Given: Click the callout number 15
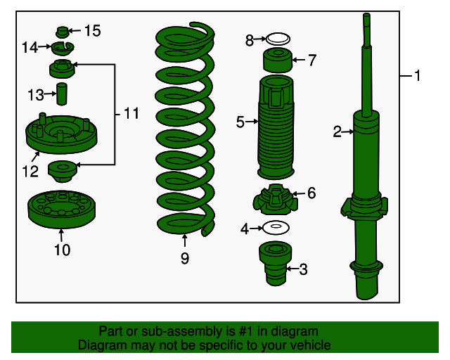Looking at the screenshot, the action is [92, 31].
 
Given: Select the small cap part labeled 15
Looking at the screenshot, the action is [63, 32].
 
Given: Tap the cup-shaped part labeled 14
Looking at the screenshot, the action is [63, 49].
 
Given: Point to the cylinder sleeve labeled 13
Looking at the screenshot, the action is [62, 94].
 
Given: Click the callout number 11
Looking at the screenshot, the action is [131, 113].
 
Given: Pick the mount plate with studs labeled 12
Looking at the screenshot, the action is [61, 134].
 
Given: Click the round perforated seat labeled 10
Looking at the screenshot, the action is [62, 210].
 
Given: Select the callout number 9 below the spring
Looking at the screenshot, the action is [185, 258].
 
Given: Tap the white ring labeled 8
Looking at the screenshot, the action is [278, 39].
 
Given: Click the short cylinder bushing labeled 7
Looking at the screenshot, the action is [278, 60].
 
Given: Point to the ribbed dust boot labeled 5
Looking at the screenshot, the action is [276, 127].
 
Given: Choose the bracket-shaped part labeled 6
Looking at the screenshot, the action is [276, 200].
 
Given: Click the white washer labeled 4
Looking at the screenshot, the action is [276, 228].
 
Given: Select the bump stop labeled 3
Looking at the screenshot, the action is [276, 264].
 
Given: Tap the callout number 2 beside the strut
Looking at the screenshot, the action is [337, 131].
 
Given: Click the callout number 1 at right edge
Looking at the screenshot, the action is [417, 76].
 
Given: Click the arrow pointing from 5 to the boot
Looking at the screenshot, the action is [252, 122].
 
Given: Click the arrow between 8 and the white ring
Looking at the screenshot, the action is [260, 39].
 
